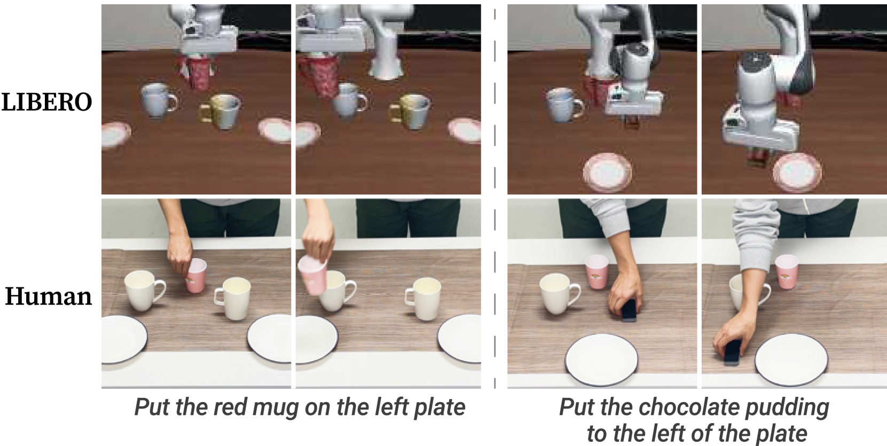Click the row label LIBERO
pos(46,102)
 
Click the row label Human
pos(48,296)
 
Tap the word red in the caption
pos(230,407)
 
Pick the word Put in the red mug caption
pos(152,407)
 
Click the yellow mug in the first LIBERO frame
pos(220,111)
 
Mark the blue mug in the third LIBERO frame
pos(564,105)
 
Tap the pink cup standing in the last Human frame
pos(787,272)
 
